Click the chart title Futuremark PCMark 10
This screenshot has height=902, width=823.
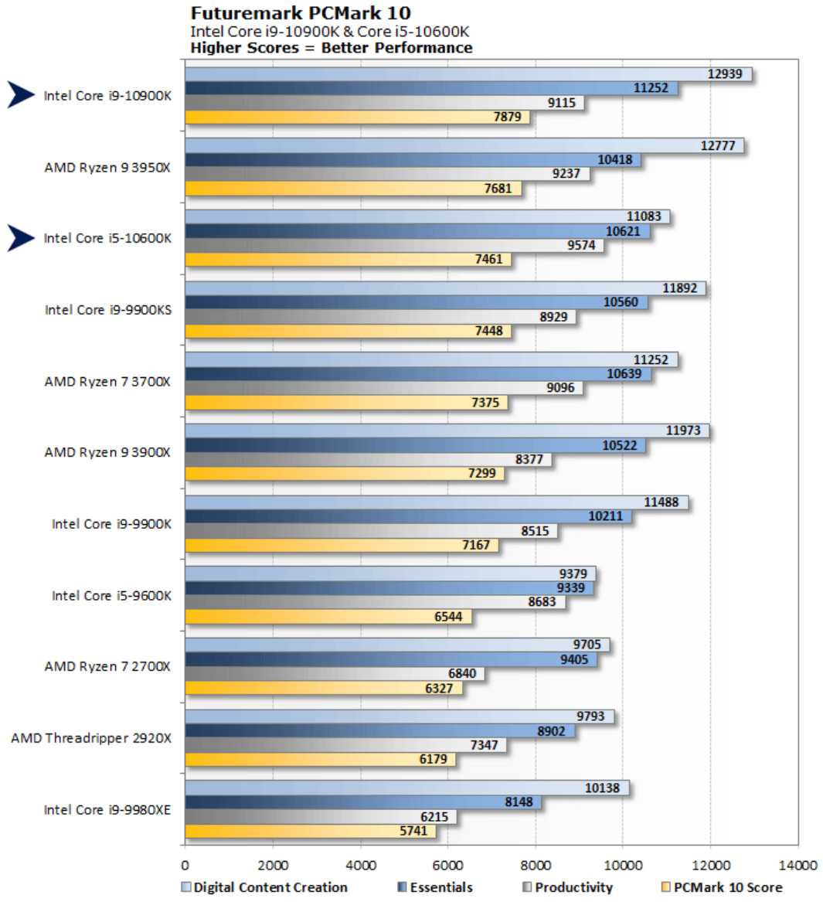click(301, 13)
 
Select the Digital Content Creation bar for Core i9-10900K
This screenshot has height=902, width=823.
click(464, 74)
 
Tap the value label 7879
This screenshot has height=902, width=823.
click(507, 117)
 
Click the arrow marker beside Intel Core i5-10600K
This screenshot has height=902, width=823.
click(21, 238)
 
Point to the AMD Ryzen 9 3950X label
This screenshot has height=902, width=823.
click(107, 167)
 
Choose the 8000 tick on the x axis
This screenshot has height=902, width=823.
click(535, 865)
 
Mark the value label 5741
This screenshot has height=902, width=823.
click(413, 831)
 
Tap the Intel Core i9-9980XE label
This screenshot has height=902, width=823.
click(107, 810)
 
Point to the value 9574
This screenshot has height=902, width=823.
click(581, 245)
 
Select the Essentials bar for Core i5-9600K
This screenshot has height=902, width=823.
click(386, 588)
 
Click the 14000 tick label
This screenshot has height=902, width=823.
click(797, 865)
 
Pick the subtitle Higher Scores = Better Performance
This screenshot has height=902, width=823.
click(332, 48)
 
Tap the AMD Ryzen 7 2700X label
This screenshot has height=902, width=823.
click(107, 666)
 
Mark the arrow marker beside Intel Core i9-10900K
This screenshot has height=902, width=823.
click(21, 95)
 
